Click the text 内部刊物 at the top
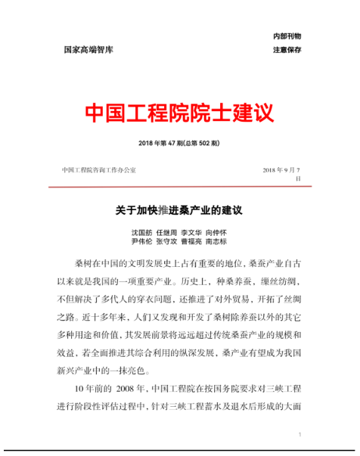(287, 36)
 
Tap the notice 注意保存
(287, 50)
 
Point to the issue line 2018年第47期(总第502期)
(179, 143)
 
